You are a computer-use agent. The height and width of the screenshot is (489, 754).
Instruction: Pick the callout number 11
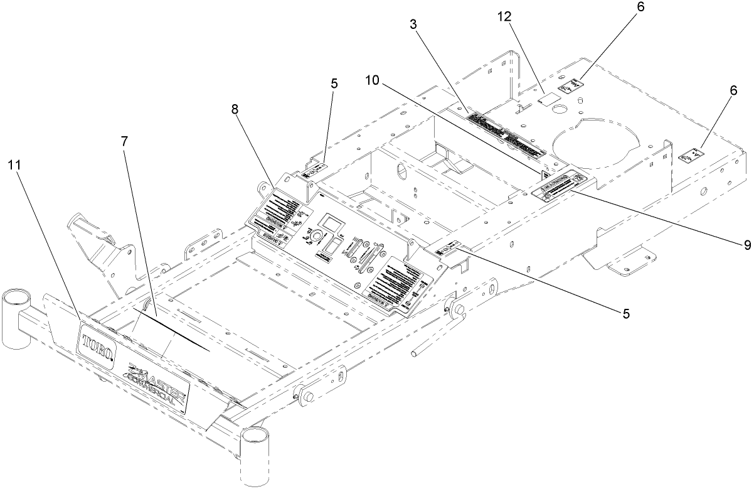pos(15,165)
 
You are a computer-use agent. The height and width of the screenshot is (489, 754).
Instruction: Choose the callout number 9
pos(746,245)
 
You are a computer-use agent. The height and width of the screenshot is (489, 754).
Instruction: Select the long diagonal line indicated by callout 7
pos(169,329)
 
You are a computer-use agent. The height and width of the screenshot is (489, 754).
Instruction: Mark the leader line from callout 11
pos(47,245)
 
